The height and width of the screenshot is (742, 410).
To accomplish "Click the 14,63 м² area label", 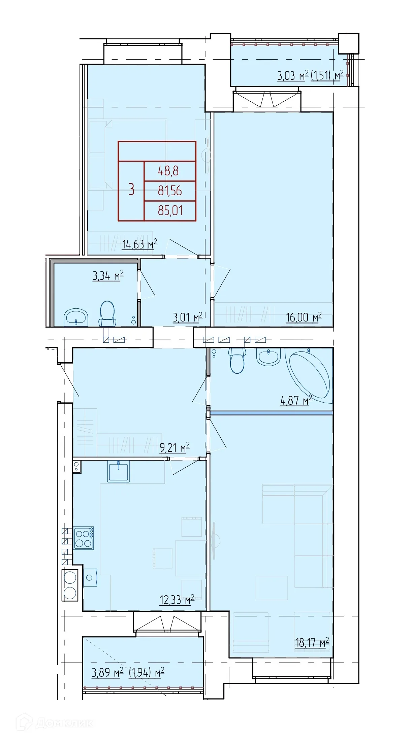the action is click(139, 244).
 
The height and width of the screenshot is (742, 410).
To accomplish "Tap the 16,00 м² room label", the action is click(304, 317).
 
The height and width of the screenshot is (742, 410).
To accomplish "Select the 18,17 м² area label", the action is click(312, 643).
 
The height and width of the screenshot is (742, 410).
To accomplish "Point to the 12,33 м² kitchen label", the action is click(177, 600).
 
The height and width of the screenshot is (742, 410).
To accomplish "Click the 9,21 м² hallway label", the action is click(175, 447).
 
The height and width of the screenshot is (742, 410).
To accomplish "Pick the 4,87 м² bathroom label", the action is click(296, 400).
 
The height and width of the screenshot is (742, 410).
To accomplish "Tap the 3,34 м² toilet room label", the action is click(108, 275).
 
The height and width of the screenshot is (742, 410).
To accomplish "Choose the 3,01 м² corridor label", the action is click(188, 317).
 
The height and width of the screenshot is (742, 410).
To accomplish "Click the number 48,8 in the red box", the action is click(168, 171).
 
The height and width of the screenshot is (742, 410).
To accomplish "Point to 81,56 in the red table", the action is click(170, 191).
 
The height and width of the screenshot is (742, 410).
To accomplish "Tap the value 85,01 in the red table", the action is click(170, 211).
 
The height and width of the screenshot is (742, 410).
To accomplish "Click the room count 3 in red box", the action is click(131, 190).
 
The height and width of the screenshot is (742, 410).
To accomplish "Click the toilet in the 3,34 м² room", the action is click(107, 313).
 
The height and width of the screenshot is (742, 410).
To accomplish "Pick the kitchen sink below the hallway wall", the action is click(119, 472).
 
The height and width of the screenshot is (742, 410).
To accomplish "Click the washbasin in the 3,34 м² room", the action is click(76, 317).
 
